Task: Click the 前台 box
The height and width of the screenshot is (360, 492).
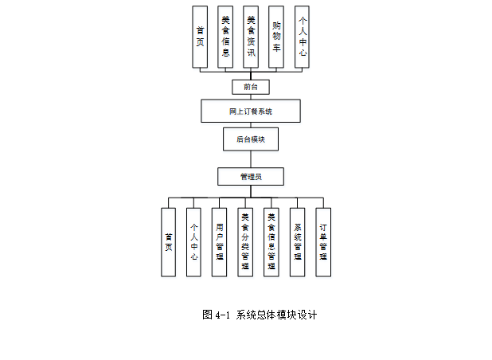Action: point(251,87)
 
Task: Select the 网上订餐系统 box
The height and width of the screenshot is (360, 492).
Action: point(251,111)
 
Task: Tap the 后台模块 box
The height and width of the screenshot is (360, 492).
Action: point(251,139)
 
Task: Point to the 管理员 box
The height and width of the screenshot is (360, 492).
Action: point(251,176)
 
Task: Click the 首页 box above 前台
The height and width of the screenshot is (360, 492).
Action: point(200,37)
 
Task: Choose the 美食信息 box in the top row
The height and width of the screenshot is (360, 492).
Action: point(225,37)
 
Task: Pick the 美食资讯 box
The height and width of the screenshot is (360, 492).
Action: point(251,37)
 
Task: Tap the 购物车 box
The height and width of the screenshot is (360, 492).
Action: point(276,37)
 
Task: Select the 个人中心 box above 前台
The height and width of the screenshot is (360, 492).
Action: point(302,37)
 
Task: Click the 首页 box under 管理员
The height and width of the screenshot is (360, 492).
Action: point(168,242)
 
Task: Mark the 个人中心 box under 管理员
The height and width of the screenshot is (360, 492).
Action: point(193,242)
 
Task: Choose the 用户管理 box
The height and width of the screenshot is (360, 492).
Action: point(219,242)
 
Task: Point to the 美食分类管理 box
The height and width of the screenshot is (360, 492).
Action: point(245,242)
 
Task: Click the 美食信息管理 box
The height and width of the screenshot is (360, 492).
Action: point(271,242)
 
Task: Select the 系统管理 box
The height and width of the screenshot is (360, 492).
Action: point(297,242)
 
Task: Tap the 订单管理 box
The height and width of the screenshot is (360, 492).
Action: point(323,242)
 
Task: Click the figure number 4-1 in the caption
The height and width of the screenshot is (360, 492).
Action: point(222,315)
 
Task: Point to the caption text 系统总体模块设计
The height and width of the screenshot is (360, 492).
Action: point(277,315)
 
